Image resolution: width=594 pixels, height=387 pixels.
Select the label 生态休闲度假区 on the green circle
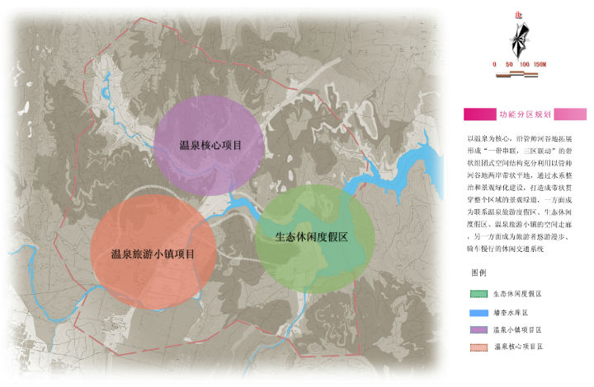(x=311, y=236)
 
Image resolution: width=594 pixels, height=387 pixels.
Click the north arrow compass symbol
(x=518, y=38)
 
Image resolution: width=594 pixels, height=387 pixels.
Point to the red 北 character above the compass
(x=518, y=14)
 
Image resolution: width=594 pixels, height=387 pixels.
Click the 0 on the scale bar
(x=494, y=64)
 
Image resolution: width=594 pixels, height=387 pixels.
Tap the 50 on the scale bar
(x=509, y=64)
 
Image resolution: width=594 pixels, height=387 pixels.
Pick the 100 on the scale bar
(x=524, y=64)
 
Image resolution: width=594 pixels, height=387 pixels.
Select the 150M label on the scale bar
(x=540, y=64)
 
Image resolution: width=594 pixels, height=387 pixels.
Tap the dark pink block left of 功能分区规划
(x=474, y=114)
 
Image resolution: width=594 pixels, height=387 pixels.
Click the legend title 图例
(x=478, y=272)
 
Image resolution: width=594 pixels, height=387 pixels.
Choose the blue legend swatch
(x=474, y=312)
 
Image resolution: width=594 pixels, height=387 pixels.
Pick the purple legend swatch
(x=474, y=329)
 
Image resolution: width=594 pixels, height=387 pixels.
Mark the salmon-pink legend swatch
(x=474, y=347)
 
